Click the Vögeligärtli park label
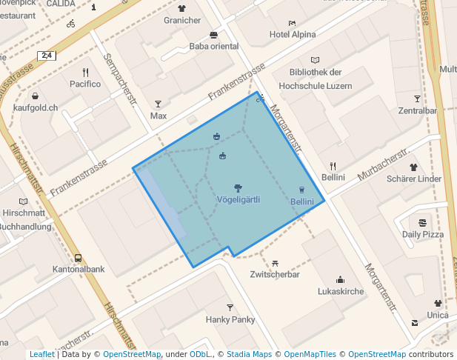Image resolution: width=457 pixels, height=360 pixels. [x=238, y=199]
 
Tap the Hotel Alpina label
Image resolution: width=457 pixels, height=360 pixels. [x=293, y=34]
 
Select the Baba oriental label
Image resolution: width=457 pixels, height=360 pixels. [x=214, y=46]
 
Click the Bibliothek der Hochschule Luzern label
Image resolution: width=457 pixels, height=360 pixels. [x=316, y=77]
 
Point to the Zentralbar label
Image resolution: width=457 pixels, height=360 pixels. [x=417, y=111]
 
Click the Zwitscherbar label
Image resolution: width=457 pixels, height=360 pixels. [x=275, y=274]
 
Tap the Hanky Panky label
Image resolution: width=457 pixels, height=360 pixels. [x=230, y=319]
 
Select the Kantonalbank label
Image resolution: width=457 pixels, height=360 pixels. [x=79, y=269]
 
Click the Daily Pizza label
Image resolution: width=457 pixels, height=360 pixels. [x=423, y=234]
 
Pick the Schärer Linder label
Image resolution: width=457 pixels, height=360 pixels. [x=414, y=179]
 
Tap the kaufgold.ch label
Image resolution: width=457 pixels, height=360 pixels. [x=36, y=107]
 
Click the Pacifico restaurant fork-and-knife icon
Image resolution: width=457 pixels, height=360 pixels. [x=85, y=73]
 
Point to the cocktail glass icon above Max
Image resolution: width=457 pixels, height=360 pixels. [x=158, y=104]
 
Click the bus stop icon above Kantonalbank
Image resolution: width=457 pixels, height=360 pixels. [x=79, y=258]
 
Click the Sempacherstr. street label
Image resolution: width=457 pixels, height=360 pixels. [x=121, y=78]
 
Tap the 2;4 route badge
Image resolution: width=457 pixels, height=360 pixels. [x=47, y=56]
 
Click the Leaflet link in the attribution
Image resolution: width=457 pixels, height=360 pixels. [x=41, y=354]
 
